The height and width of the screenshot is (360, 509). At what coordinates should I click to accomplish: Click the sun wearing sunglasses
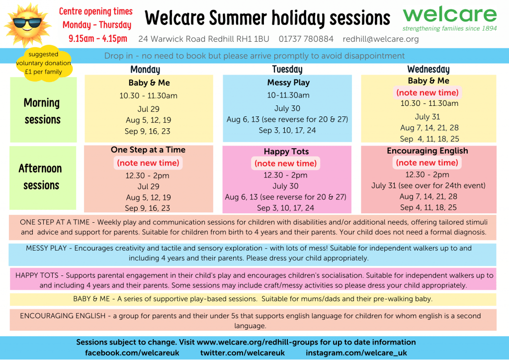click(x=27, y=25)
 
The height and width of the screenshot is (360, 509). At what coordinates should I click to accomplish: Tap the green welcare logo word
click(x=449, y=14)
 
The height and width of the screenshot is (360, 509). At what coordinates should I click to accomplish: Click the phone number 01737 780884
click(x=306, y=39)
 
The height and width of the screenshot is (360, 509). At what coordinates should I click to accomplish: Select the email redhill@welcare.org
click(x=380, y=39)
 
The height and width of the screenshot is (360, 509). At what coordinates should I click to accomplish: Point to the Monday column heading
click(x=145, y=70)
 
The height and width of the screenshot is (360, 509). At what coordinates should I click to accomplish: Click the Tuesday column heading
click(x=287, y=69)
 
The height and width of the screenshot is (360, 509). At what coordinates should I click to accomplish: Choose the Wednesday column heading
click(x=428, y=69)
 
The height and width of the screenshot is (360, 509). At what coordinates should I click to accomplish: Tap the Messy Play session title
click(x=288, y=83)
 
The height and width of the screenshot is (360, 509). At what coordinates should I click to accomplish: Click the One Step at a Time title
click(x=148, y=150)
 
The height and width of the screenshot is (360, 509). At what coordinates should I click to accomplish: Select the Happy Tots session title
click(x=286, y=151)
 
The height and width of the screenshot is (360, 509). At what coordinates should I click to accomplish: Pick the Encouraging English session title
click(x=427, y=151)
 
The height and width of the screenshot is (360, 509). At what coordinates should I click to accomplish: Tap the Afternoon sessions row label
click(x=41, y=177)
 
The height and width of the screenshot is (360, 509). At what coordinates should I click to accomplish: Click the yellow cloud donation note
click(x=44, y=63)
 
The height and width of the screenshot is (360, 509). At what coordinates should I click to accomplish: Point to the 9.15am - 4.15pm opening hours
click(x=98, y=39)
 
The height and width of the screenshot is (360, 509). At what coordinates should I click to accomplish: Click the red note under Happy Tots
click(x=285, y=163)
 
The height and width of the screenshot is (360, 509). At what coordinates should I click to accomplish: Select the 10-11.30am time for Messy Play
click(x=288, y=95)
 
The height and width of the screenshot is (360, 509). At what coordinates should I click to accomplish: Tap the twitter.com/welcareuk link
click(x=243, y=353)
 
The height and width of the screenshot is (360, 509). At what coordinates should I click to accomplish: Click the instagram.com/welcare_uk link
click(x=356, y=353)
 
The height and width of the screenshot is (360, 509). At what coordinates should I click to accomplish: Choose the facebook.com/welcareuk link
click(x=132, y=353)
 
